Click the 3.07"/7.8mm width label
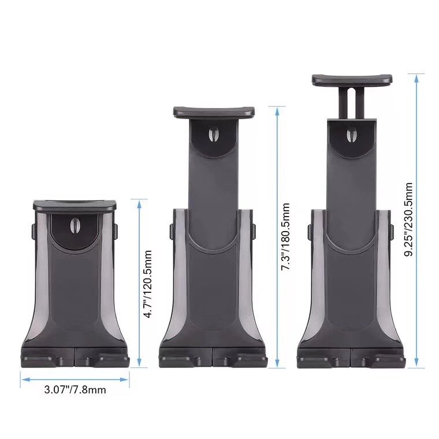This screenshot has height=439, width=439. [x=75, y=390]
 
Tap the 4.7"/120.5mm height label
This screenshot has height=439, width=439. [x=147, y=284]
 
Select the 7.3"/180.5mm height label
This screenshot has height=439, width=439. [x=285, y=237]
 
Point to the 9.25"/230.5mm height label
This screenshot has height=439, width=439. [x=409, y=219]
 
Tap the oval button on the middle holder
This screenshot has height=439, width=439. [x=214, y=133]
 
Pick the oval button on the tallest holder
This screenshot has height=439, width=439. [x=351, y=135]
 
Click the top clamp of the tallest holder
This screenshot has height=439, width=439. [x=352, y=80]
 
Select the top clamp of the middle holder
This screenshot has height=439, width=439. [x=214, y=112]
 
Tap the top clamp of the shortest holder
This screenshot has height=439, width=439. [x=75, y=205]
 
